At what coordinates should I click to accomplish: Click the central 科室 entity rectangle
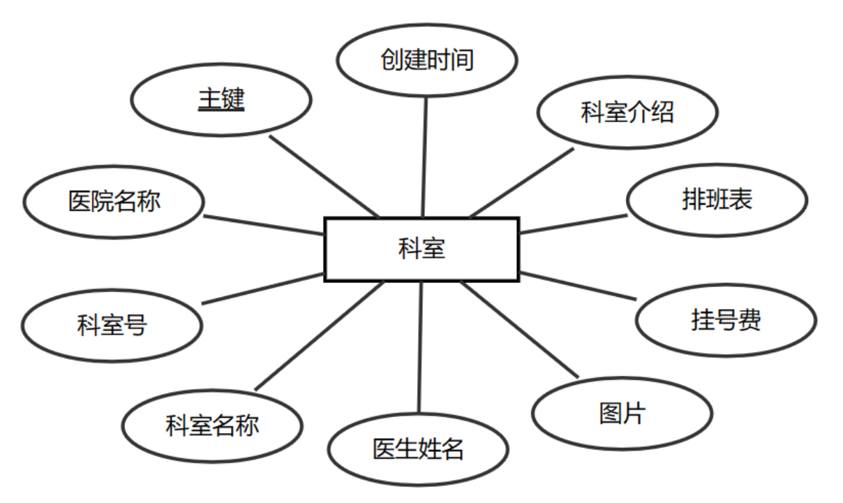click(421, 249)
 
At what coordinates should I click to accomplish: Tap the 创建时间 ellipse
click(426, 60)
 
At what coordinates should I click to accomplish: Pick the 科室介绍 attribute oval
click(627, 112)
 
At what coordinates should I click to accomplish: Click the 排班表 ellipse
click(717, 201)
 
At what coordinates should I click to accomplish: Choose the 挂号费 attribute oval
click(726, 320)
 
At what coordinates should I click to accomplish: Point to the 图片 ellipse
click(622, 414)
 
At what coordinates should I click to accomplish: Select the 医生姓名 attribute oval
click(418, 449)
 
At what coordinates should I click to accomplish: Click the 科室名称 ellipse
click(212, 425)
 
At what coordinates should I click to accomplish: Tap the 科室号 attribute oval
click(112, 325)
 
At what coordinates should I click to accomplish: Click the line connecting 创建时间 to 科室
click(424, 157)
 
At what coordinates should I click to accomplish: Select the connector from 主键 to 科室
click(324, 175)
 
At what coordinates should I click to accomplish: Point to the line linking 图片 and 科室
click(520, 330)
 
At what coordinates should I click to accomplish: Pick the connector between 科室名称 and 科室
click(320, 336)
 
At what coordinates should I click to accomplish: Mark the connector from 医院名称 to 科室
click(264, 226)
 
